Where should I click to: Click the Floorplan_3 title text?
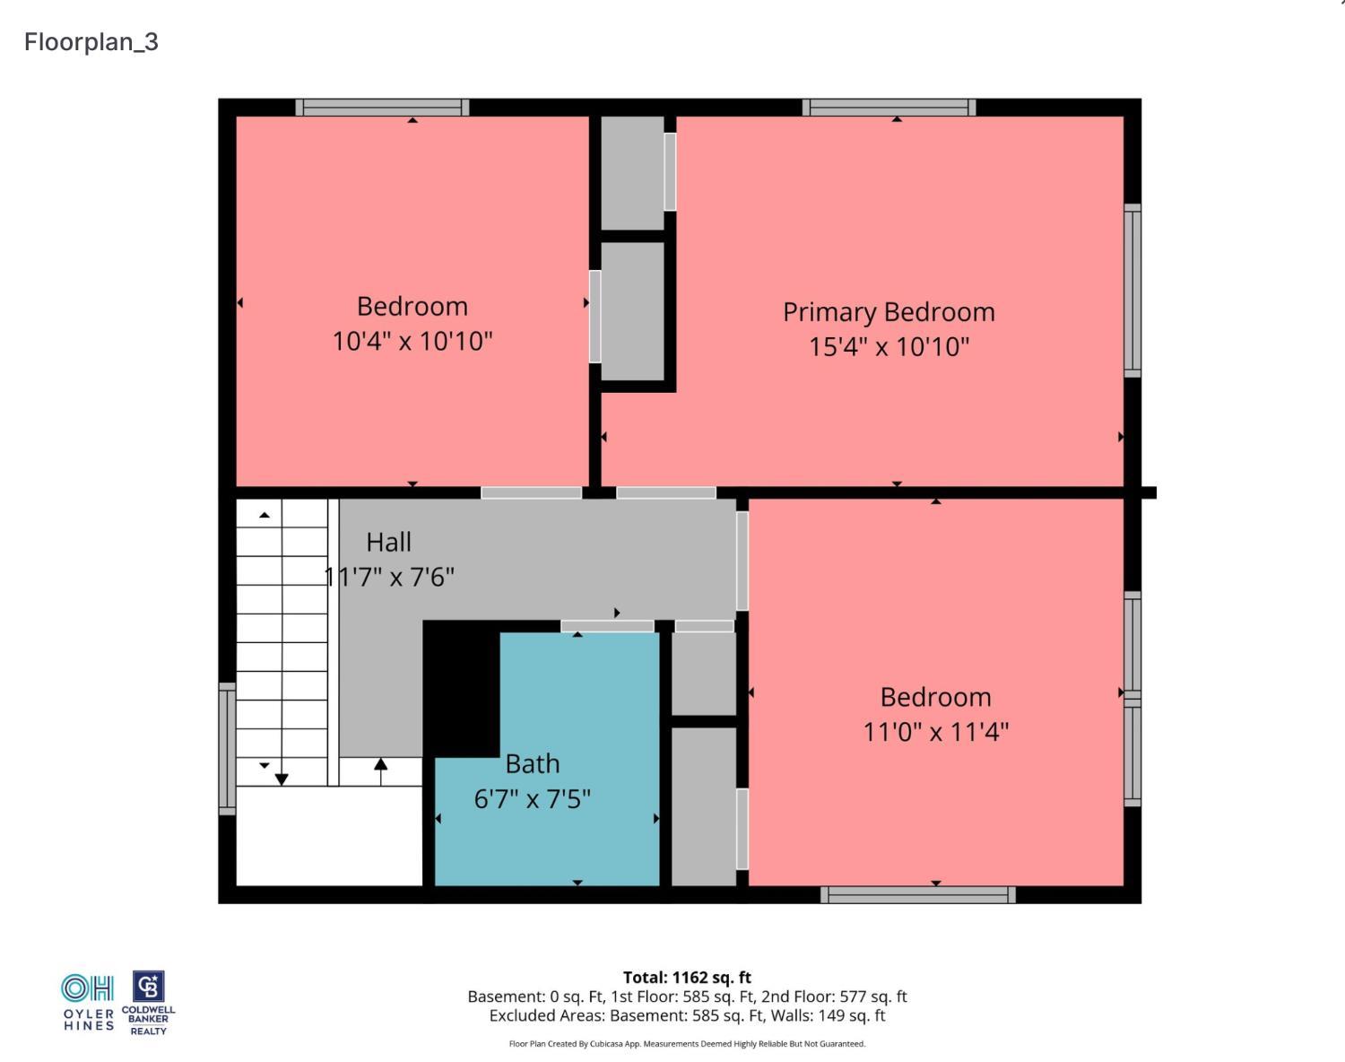[x=91, y=42]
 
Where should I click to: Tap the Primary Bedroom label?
[x=889, y=312]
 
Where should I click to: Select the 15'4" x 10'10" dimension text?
[x=889, y=346]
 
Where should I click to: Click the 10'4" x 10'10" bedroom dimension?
[x=412, y=342]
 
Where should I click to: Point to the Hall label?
[x=388, y=543]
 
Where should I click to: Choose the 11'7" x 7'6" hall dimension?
[x=389, y=577]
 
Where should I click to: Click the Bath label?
[x=532, y=763]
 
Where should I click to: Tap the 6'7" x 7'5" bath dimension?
[x=532, y=798]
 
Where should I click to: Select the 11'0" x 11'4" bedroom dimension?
[x=935, y=732]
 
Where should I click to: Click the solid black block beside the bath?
[x=461, y=688]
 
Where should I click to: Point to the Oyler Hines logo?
[x=88, y=1002]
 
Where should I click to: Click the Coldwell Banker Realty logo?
[x=148, y=1003]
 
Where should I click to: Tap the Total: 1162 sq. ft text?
[x=687, y=977]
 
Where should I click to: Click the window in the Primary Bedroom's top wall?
[x=889, y=108]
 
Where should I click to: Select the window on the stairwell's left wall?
[x=227, y=749]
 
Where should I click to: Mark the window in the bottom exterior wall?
[x=917, y=895]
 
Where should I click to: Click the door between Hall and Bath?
[x=607, y=626]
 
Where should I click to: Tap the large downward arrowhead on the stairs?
[x=282, y=779]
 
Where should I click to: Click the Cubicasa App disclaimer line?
[x=687, y=1044]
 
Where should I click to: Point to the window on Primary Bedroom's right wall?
[x=1132, y=291]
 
